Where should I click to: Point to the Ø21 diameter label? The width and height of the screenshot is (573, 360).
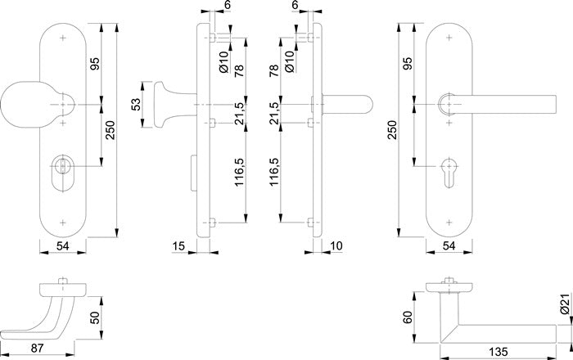click(x=565, y=308)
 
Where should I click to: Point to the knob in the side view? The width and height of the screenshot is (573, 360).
click(x=158, y=105)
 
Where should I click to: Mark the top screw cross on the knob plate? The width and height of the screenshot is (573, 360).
click(x=64, y=38)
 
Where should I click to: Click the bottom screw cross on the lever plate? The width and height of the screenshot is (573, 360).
click(x=449, y=221)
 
